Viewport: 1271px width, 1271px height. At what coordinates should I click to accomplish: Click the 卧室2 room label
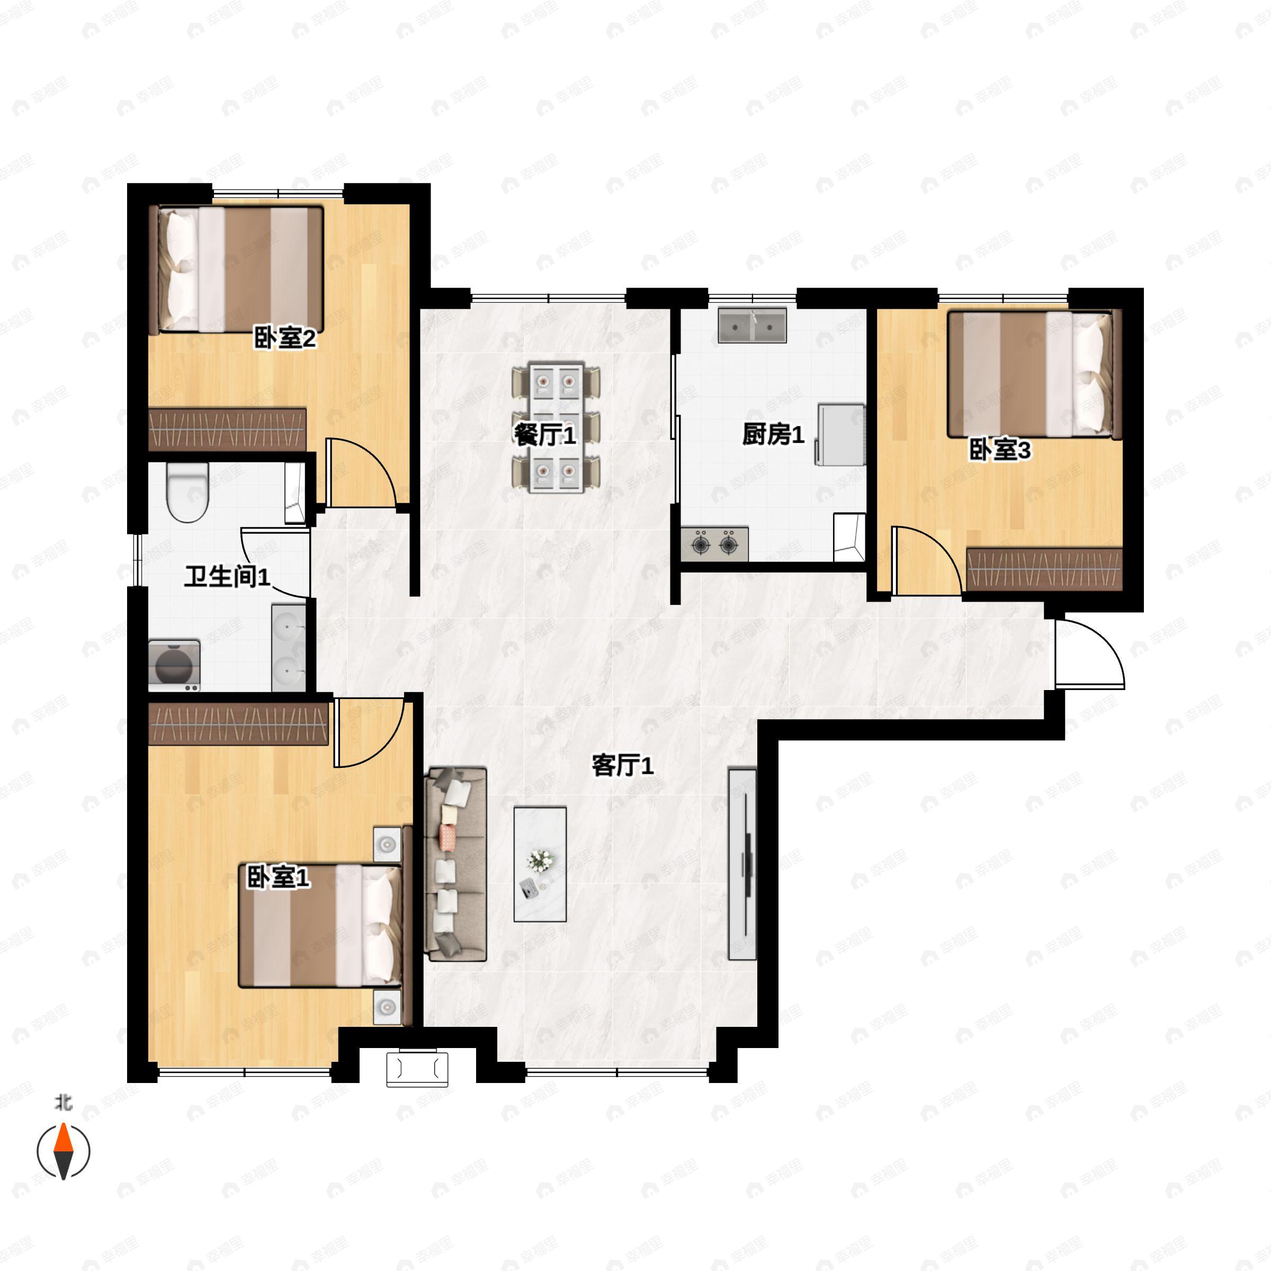pyautogui.click(x=285, y=339)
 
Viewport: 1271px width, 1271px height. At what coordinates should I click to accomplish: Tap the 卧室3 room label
pyautogui.click(x=1000, y=451)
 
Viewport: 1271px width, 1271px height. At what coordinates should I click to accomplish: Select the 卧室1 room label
pyautogui.click(x=278, y=877)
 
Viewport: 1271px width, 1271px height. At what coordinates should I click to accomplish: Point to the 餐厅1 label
pyautogui.click(x=545, y=435)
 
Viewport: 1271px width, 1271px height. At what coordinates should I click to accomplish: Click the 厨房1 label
pyautogui.click(x=773, y=434)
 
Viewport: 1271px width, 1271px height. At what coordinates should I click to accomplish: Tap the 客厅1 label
pyautogui.click(x=622, y=766)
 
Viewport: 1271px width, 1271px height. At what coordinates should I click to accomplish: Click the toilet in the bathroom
pyautogui.click(x=187, y=492)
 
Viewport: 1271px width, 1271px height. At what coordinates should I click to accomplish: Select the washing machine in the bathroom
pyautogui.click(x=175, y=665)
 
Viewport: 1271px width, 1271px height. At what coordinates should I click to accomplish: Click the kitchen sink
pyautogui.click(x=753, y=326)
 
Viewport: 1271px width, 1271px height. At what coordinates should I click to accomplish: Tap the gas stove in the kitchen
pyautogui.click(x=714, y=543)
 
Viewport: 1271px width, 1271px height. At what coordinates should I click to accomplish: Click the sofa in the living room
pyautogui.click(x=456, y=864)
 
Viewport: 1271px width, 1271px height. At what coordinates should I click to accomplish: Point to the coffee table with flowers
pyautogui.click(x=540, y=864)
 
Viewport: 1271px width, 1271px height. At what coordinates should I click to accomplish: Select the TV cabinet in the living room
pyautogui.click(x=742, y=864)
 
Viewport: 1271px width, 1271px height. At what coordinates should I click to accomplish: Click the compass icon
pyautogui.click(x=63, y=1152)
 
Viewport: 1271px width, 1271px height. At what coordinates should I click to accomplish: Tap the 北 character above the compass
pyautogui.click(x=64, y=1103)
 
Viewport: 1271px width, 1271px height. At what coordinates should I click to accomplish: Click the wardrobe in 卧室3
pyautogui.click(x=1044, y=569)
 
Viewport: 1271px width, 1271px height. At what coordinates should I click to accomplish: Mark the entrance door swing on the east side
pyautogui.click(x=1089, y=654)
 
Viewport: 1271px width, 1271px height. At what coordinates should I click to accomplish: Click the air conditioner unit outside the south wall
pyautogui.click(x=417, y=1069)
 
